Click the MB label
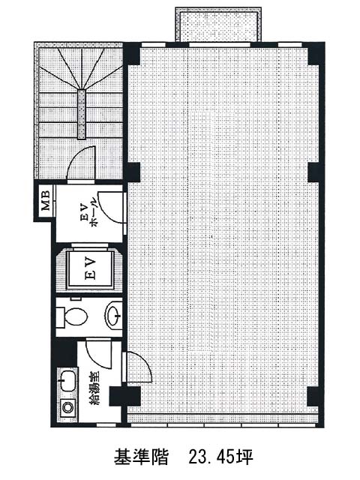click(46, 200)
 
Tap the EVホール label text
click(88, 216)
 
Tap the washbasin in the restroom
click(113, 315)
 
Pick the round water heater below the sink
click(67, 407)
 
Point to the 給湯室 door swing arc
click(100, 354)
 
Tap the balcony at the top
click(218, 25)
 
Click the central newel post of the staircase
click(82, 115)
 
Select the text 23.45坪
click(220, 457)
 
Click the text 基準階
click(141, 457)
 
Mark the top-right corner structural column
click(314, 53)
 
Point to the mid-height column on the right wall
click(315, 172)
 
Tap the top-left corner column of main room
click(132, 53)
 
